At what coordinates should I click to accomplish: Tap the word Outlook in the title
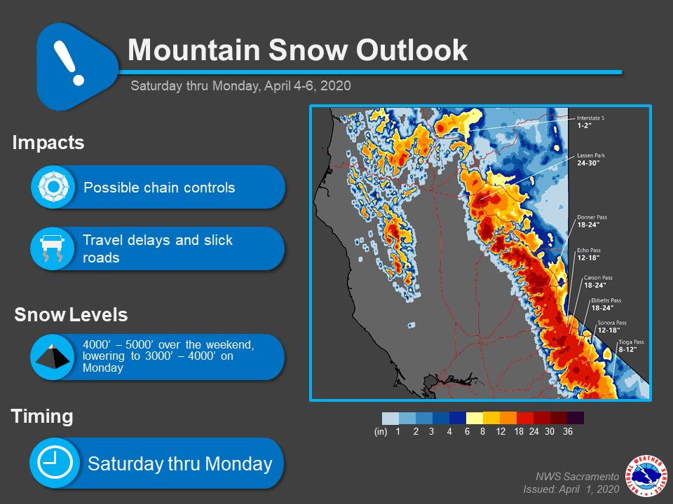click(x=412, y=50)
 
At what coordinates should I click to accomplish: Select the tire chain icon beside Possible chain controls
click(x=54, y=188)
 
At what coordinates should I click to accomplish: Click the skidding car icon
click(x=53, y=248)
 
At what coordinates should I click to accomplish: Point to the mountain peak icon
click(x=53, y=356)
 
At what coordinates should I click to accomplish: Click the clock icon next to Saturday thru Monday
click(x=55, y=463)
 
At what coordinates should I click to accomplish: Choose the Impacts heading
click(x=48, y=143)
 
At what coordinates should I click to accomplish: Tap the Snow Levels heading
click(x=72, y=314)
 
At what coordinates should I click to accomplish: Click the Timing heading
click(x=42, y=416)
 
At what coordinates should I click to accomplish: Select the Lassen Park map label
click(x=591, y=160)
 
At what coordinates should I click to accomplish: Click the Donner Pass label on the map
click(x=592, y=221)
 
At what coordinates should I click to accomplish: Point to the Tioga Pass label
click(x=631, y=346)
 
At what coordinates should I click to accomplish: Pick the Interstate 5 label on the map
click(x=590, y=122)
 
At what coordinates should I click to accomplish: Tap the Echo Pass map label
click(x=588, y=253)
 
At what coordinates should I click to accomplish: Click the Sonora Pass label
click(x=611, y=327)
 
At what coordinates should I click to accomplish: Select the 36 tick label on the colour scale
click(x=567, y=432)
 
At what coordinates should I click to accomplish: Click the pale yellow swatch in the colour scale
click(x=475, y=418)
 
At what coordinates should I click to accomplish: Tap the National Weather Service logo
click(x=646, y=476)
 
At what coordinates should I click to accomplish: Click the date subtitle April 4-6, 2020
click(x=307, y=85)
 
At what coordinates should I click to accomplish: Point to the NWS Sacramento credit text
click(x=577, y=477)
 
